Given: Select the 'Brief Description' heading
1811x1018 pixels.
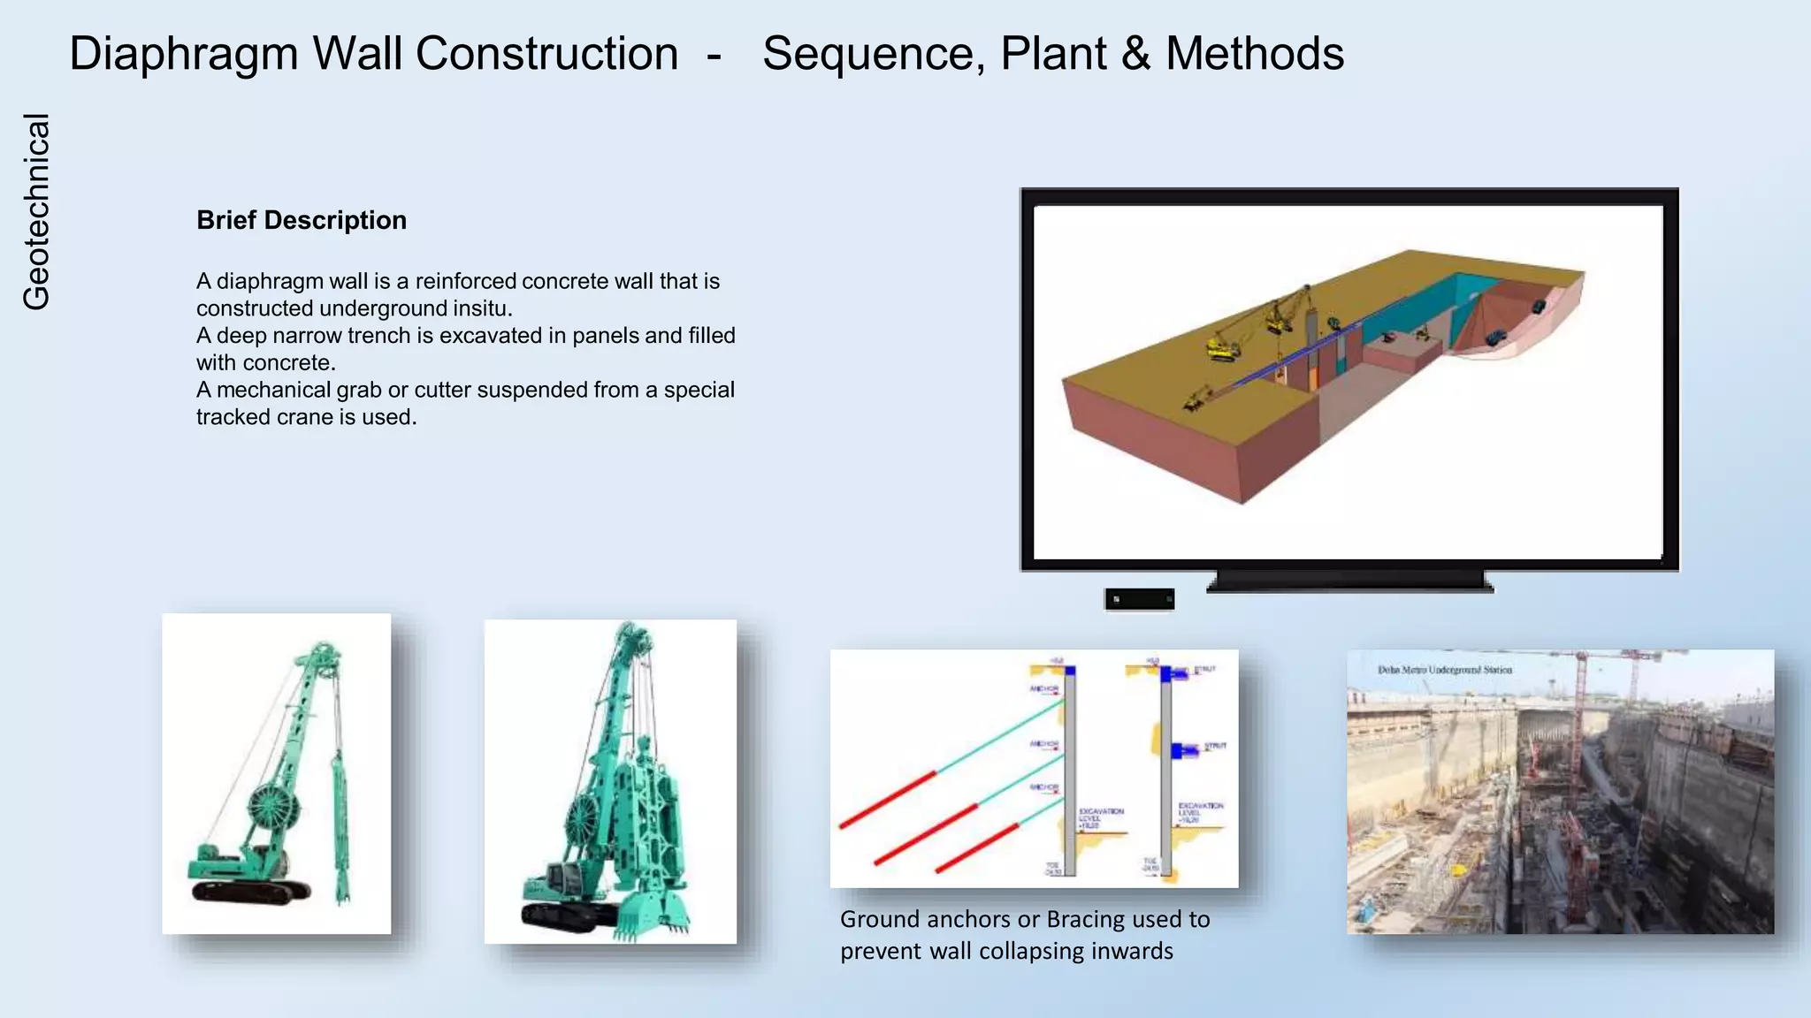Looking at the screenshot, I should tap(302, 220).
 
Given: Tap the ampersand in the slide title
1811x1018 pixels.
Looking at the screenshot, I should tap(1135, 54).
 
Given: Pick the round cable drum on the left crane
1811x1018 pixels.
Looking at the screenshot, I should tap(272, 806).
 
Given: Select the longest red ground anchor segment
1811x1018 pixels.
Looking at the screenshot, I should tap(925, 835).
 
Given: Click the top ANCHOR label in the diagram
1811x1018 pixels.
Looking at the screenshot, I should tap(1043, 688).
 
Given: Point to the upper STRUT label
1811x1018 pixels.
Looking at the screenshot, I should tap(1204, 671).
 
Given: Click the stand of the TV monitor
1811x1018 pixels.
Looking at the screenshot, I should tap(1349, 581).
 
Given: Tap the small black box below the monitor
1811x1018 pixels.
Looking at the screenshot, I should tap(1139, 599).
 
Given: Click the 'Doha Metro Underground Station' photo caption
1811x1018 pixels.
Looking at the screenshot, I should tap(1444, 670).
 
